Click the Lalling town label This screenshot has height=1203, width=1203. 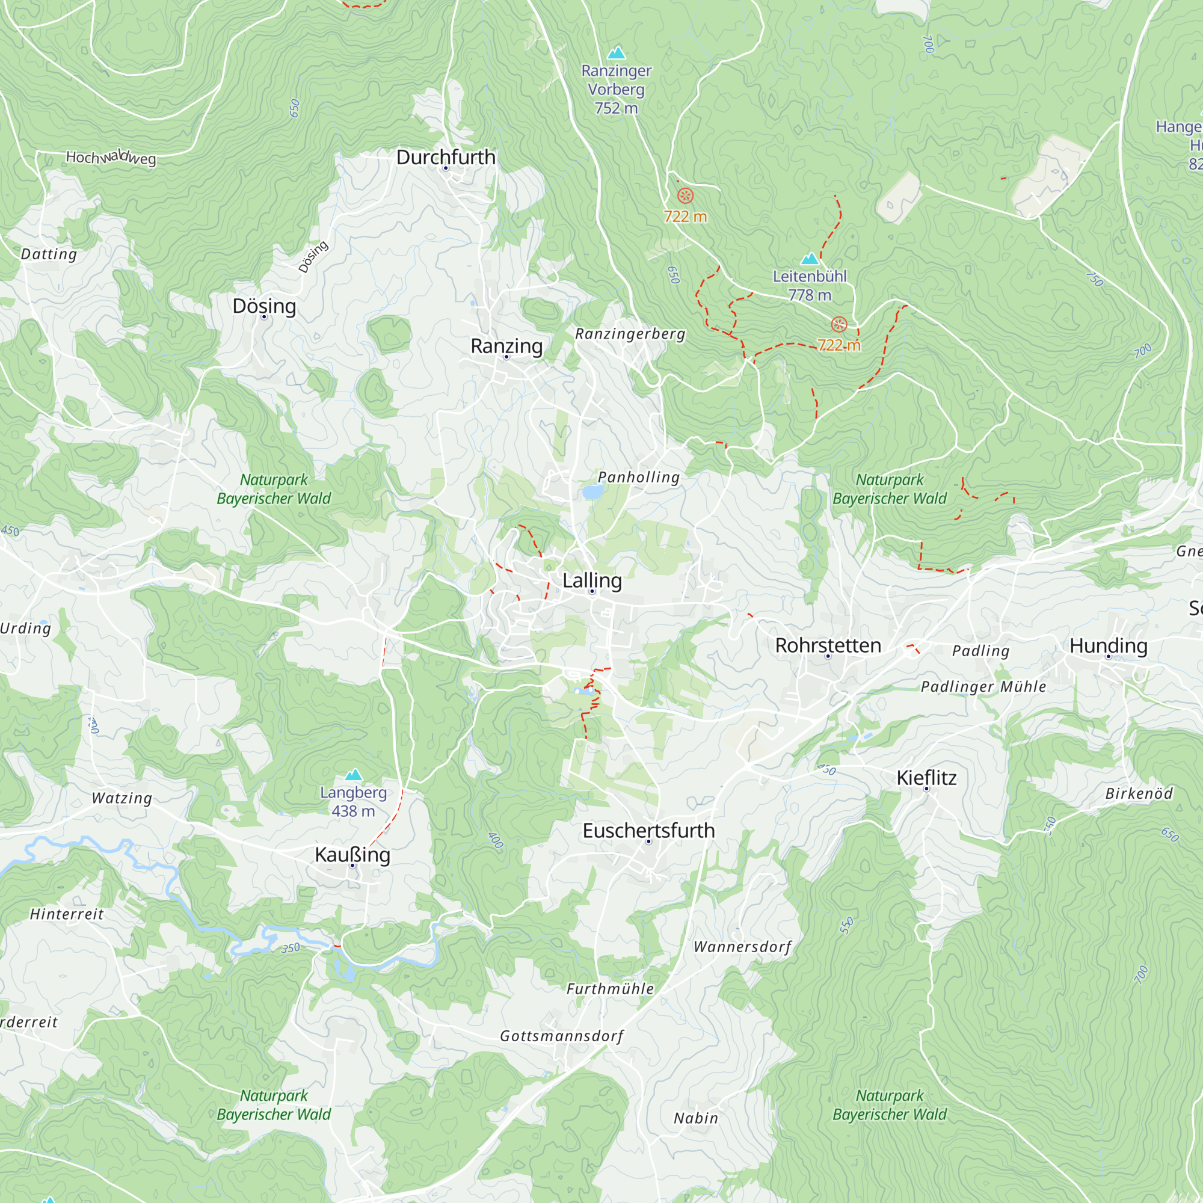pyautogui.click(x=591, y=580)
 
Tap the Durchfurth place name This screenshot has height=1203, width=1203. pyautogui.click(x=446, y=157)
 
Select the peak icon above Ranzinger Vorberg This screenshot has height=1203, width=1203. pyautogui.click(x=616, y=52)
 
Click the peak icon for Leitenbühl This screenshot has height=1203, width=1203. pyautogui.click(x=810, y=259)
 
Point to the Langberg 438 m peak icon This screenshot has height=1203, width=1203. pyautogui.click(x=353, y=775)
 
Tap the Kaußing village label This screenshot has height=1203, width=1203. pyautogui.click(x=352, y=854)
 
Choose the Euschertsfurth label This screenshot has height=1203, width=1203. pyautogui.click(x=648, y=831)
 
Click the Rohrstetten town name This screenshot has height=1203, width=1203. pyautogui.click(x=828, y=645)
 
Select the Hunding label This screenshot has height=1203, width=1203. pyautogui.click(x=1109, y=645)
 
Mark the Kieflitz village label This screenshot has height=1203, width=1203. pyautogui.click(x=926, y=778)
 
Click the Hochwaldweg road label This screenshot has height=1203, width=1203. pyautogui.click(x=111, y=158)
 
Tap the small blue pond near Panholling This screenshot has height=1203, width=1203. pyautogui.click(x=592, y=493)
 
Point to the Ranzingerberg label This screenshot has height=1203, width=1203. pyautogui.click(x=630, y=334)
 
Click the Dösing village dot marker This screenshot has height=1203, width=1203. pyautogui.click(x=264, y=317)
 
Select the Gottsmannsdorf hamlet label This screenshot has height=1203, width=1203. pyautogui.click(x=561, y=1036)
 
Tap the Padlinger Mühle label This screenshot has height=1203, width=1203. pyautogui.click(x=983, y=687)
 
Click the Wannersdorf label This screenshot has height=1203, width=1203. pyautogui.click(x=742, y=947)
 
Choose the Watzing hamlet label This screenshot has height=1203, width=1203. pyautogui.click(x=122, y=798)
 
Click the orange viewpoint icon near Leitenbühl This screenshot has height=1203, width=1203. pyautogui.click(x=838, y=324)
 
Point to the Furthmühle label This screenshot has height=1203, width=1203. pyautogui.click(x=609, y=989)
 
